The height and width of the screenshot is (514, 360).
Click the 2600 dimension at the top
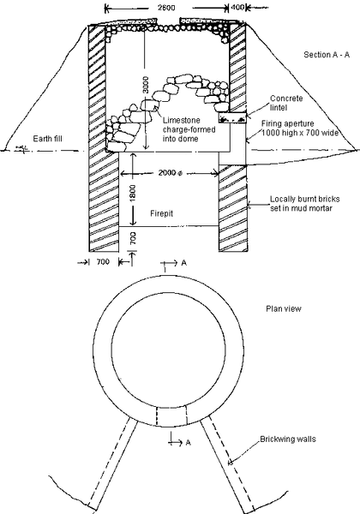166,7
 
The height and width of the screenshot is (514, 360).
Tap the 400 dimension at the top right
237,7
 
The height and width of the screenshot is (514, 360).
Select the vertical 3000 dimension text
146,85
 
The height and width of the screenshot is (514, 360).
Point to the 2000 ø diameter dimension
171,173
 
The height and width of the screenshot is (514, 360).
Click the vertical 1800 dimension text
133,193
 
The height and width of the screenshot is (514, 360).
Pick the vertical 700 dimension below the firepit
133,238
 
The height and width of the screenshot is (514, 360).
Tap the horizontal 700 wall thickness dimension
103,262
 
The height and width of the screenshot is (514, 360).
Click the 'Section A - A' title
327,55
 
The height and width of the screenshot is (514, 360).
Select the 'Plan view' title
283,308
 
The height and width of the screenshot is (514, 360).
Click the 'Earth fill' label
47,139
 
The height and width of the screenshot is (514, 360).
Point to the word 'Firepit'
162,213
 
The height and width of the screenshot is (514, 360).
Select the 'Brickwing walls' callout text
288,439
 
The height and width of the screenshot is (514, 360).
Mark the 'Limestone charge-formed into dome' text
189,129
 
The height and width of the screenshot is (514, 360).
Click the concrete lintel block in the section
232,117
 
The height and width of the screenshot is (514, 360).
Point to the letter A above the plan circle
184,263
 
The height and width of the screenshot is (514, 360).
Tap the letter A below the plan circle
188,443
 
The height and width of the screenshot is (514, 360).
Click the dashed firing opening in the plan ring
172,415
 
